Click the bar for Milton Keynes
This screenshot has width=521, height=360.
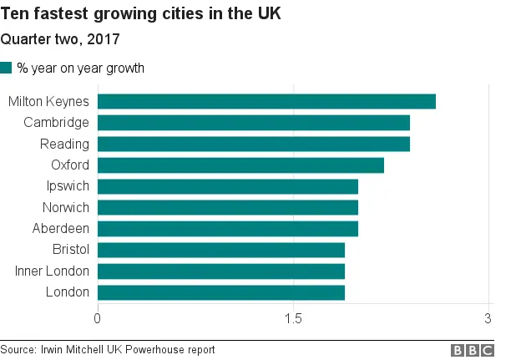click(x=266, y=102)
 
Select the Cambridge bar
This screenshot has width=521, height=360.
click(x=254, y=123)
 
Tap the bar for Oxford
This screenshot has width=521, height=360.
click(x=240, y=165)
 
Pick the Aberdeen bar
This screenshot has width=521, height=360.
click(x=228, y=229)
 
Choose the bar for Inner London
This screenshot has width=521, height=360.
click(x=221, y=271)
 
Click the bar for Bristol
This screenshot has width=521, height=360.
click(x=221, y=250)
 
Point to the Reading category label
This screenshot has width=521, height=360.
click(x=65, y=145)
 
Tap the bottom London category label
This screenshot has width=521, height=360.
click(x=68, y=292)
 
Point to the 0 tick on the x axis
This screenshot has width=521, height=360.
click(x=98, y=318)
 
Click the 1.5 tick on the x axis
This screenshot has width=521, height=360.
click(x=293, y=318)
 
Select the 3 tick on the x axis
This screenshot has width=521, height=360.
click(x=488, y=318)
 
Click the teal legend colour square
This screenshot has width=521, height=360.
click(x=7, y=68)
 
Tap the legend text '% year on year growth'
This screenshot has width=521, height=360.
click(x=80, y=68)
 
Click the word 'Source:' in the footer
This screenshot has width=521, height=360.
click(x=18, y=350)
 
